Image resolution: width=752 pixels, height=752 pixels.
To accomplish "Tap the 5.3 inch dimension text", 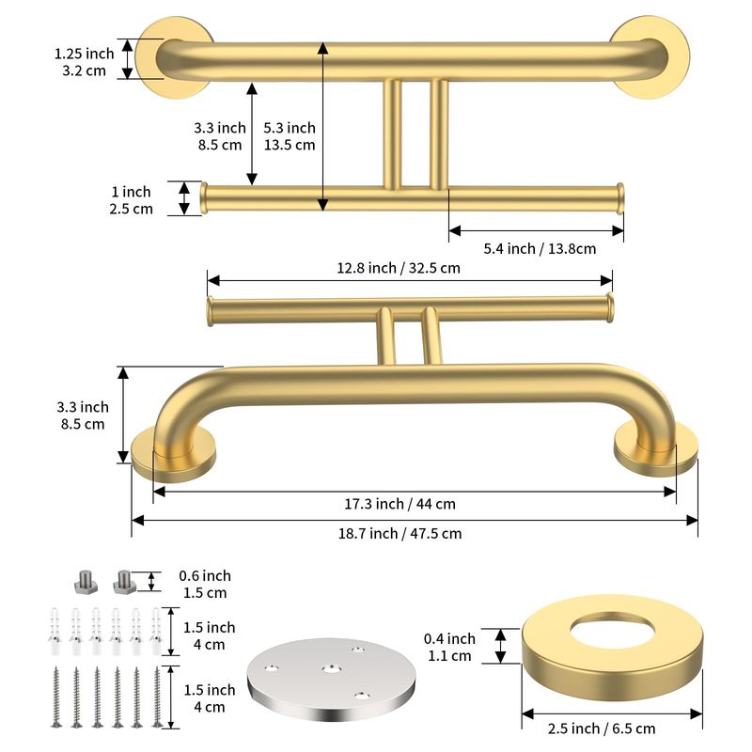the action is [x=290, y=128].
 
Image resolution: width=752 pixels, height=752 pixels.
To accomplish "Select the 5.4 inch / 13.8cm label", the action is [x=540, y=249].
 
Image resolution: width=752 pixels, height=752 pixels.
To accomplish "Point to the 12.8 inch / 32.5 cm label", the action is [x=398, y=268].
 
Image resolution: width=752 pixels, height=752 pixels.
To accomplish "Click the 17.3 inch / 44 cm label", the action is [x=399, y=504].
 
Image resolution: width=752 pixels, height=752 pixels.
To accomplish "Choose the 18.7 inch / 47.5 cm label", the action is [x=399, y=534].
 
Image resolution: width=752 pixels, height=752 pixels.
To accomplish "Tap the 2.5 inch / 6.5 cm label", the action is [x=602, y=729].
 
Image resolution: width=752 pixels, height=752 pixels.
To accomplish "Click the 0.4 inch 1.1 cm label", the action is [x=449, y=647].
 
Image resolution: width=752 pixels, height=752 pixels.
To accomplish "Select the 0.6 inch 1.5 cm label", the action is [x=205, y=584].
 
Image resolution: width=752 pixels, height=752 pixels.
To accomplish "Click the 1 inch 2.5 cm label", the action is [x=131, y=200].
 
